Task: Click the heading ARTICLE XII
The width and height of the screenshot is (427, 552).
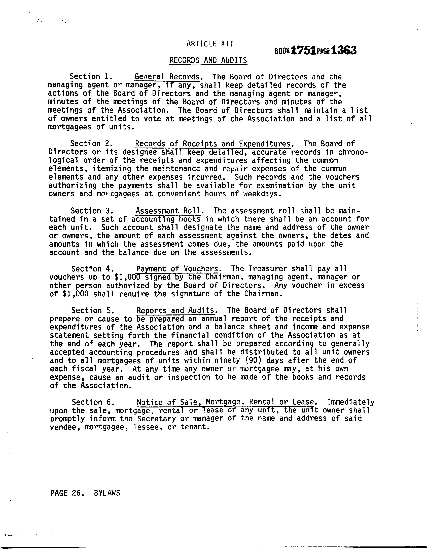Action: click(x=210, y=44)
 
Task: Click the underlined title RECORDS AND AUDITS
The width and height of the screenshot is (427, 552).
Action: click(x=208, y=60)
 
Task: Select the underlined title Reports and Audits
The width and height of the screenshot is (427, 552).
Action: click(x=175, y=310)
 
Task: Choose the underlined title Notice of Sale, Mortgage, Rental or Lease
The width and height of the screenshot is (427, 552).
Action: click(x=225, y=402)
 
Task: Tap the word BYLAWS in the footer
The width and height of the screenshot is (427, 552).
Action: click(x=107, y=493)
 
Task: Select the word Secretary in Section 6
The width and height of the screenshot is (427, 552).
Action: click(x=156, y=419)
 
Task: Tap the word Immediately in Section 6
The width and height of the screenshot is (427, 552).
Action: click(x=351, y=402)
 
